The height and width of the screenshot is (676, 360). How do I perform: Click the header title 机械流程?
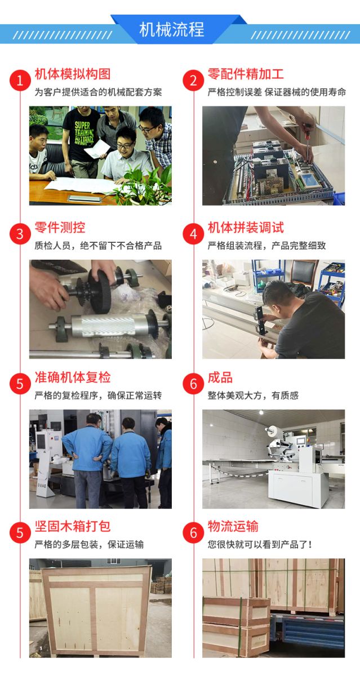(x=172, y=29)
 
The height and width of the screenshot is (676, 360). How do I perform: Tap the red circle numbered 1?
(x=20, y=80)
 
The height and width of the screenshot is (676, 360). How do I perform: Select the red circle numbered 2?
(x=193, y=80)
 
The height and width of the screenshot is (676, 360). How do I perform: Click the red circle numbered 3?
(x=20, y=234)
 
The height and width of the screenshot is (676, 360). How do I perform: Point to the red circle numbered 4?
(x=193, y=234)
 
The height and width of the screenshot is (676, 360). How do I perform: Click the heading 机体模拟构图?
(x=73, y=74)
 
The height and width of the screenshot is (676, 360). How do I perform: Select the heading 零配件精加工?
(x=246, y=74)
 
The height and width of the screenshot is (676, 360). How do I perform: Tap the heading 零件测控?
(x=60, y=227)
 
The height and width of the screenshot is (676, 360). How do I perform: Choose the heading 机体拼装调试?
(x=246, y=227)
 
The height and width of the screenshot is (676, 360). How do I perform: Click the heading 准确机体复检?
(x=73, y=377)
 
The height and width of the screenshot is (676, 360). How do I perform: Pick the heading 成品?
(x=220, y=377)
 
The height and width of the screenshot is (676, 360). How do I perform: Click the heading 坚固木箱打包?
(x=73, y=526)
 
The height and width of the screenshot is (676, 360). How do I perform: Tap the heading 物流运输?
(x=233, y=526)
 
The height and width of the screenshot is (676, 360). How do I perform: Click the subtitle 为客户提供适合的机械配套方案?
(x=99, y=92)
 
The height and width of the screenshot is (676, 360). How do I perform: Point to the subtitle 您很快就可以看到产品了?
(x=259, y=544)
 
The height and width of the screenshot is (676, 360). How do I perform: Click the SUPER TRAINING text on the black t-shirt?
(x=84, y=132)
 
